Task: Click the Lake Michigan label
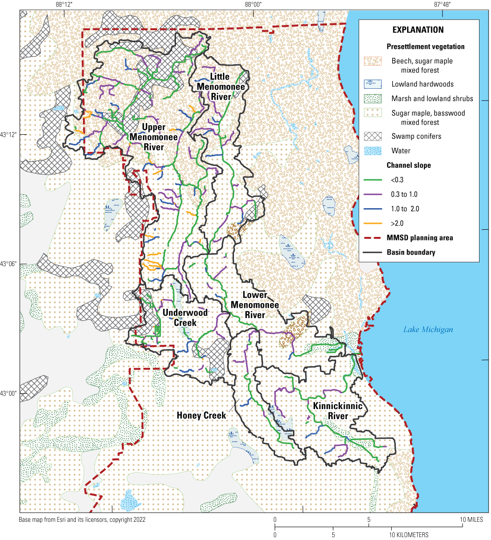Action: (428, 329)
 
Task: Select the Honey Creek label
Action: (201, 415)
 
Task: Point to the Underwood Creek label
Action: (185, 317)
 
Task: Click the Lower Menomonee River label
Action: (247, 305)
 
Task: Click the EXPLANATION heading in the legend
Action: (418, 30)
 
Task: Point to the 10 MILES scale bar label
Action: (472, 520)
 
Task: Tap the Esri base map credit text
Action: (82, 519)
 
